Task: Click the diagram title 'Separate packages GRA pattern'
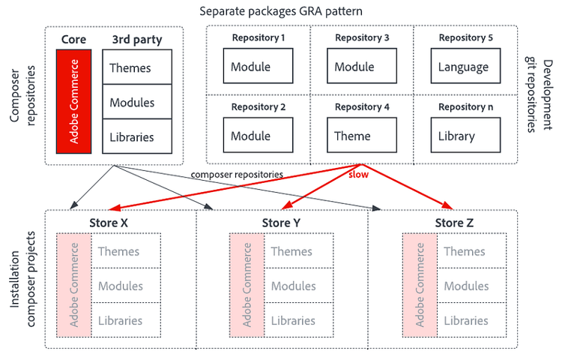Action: pos(281,11)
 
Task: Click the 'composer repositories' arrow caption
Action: pos(237,174)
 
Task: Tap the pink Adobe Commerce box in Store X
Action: pos(74,285)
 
